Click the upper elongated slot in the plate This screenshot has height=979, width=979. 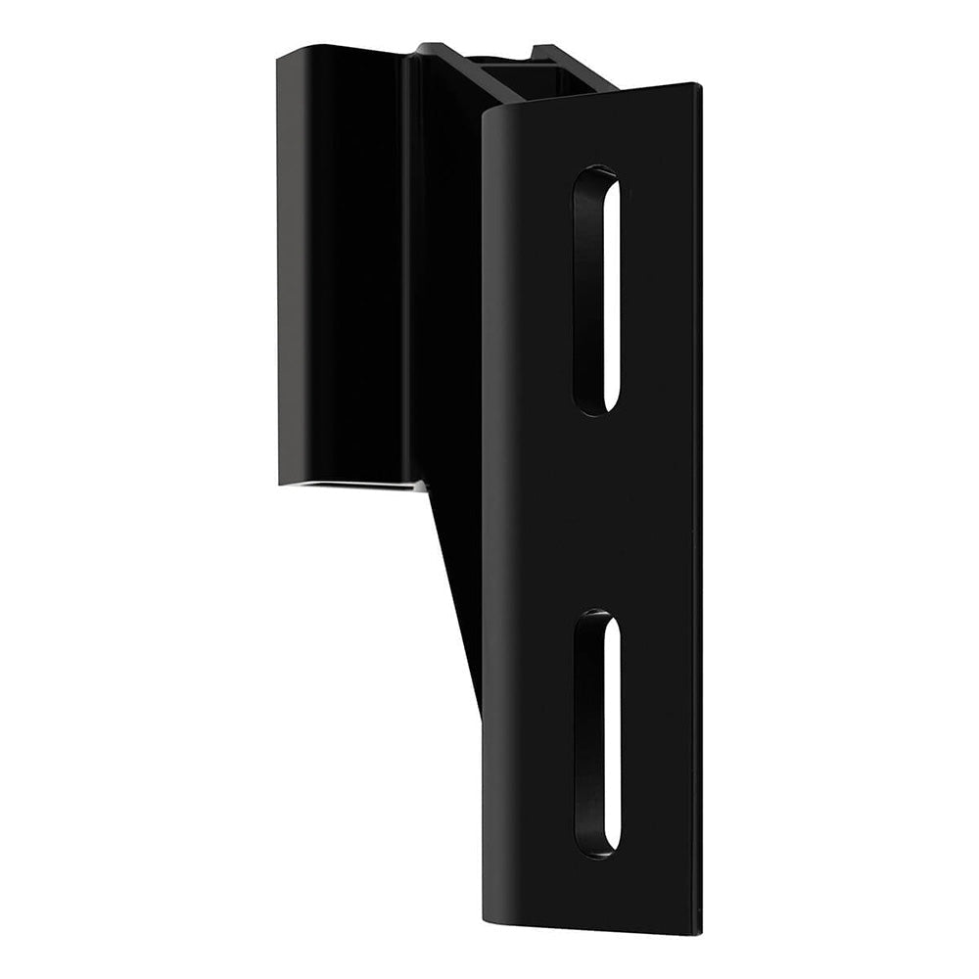596,291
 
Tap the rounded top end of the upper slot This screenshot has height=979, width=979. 596,176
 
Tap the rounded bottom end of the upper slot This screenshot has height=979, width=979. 597,406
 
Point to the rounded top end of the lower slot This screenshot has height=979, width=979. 596,620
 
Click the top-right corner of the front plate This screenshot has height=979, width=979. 699,86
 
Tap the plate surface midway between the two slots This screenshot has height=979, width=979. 597,514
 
